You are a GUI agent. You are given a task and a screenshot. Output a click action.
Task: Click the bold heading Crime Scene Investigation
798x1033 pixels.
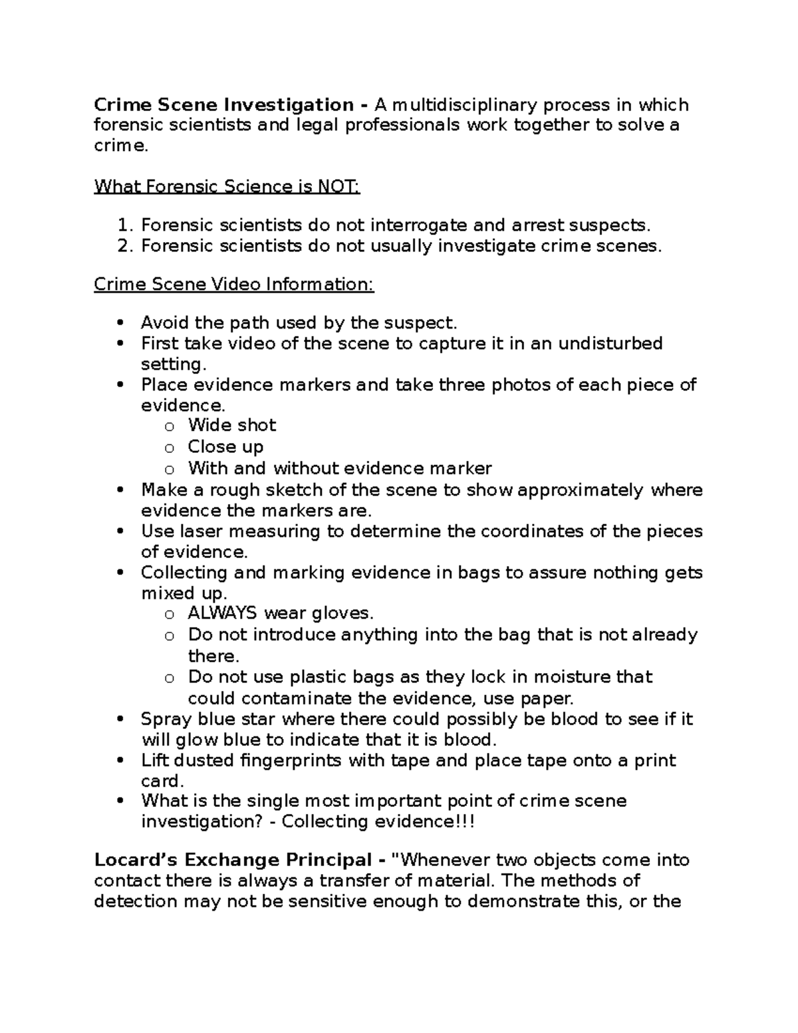[x=223, y=105]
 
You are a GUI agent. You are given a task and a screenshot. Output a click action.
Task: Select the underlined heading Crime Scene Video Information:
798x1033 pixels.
[x=234, y=285]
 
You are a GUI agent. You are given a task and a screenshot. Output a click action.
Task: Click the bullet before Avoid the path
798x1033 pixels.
[x=120, y=323]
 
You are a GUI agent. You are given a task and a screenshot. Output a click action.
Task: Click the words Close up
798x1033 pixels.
[x=225, y=446]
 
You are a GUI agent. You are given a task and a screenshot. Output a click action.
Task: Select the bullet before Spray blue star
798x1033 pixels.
[x=120, y=720]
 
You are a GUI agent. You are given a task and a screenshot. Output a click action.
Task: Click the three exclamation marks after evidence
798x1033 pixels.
[x=465, y=821]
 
